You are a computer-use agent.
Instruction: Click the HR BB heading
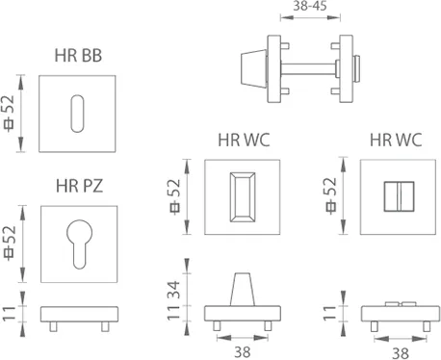tap(78, 55)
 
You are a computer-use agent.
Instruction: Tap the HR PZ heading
tap(80, 186)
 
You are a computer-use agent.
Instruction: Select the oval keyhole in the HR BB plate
tap(77, 114)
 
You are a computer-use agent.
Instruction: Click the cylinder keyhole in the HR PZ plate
tap(79, 244)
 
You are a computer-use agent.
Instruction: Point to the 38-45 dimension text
tap(310, 6)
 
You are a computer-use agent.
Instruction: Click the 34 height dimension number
tap(174, 290)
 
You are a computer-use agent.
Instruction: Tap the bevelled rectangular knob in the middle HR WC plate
tap(243, 197)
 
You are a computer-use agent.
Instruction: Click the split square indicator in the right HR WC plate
tap(399, 196)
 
